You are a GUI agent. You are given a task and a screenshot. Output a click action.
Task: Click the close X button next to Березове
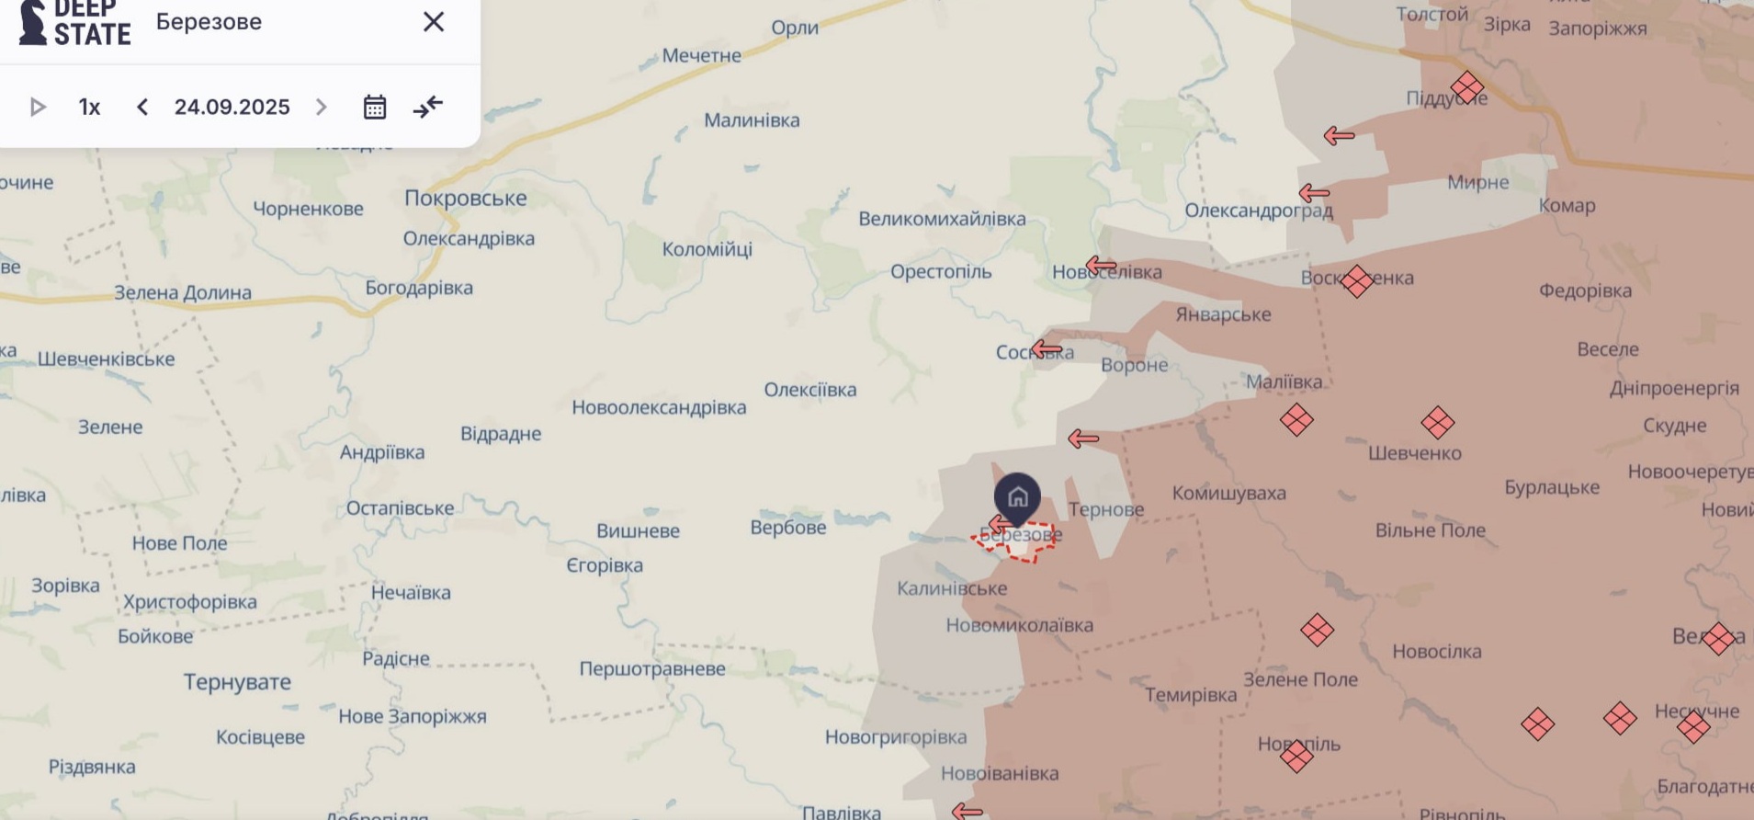pos(433,22)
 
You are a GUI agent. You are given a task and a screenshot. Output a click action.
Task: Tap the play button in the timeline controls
pos(38,108)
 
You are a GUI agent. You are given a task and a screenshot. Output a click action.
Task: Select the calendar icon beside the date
pos(374,108)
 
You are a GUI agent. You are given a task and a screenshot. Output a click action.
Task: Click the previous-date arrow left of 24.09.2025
pos(142,108)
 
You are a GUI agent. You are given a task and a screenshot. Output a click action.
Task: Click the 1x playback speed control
pos(89,108)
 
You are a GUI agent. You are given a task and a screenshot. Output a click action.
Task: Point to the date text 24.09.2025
pos(232,108)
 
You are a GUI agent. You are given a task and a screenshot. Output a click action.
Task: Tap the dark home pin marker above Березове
pos(1017,497)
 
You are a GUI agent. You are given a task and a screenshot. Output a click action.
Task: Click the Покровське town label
pos(465,198)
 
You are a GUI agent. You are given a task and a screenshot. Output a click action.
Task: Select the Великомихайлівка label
pos(942,219)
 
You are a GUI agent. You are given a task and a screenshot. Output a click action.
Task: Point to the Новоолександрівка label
pos(659,406)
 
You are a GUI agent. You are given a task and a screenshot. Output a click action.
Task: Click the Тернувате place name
pos(237,681)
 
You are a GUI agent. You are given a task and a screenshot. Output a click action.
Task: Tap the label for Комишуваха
pos(1228,493)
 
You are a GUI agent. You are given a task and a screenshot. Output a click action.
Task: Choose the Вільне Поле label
pos(1430,530)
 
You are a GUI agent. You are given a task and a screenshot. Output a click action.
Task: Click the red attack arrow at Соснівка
pos(1047,349)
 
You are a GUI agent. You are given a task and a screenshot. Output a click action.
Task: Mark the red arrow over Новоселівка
pos(1101,267)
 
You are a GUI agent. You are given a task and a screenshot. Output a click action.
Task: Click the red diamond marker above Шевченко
pos(1437,423)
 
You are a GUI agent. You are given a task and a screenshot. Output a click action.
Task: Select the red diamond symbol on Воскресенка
pos(1356,280)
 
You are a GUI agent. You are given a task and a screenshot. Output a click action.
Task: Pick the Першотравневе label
pos(651,668)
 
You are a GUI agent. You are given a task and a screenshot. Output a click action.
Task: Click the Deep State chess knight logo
pos(33,22)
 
